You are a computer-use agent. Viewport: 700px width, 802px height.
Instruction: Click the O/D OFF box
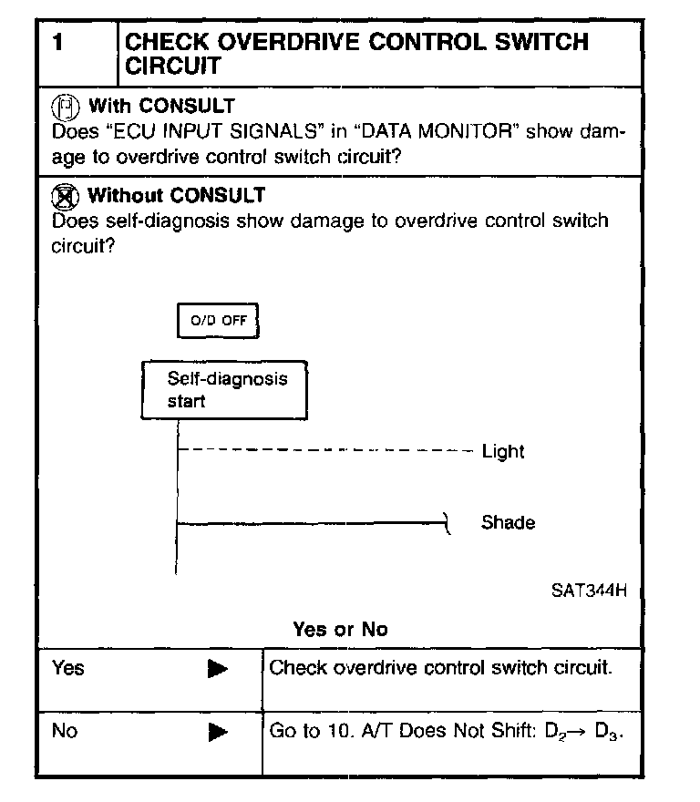pos(218,321)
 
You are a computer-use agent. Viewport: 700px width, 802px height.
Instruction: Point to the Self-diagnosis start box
pos(223,390)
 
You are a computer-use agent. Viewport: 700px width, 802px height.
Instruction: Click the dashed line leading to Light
pos(324,450)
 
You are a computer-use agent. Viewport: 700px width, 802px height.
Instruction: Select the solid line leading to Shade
pos(310,523)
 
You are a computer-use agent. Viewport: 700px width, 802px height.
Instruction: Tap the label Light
pos(503,451)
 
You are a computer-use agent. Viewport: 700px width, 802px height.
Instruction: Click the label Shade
pos(508,523)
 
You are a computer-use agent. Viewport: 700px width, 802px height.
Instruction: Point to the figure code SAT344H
pos(589,589)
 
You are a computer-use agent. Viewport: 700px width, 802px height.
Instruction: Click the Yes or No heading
pos(340,629)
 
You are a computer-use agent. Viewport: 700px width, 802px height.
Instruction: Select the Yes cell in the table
pos(68,668)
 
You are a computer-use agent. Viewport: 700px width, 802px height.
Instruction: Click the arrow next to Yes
pos(217,670)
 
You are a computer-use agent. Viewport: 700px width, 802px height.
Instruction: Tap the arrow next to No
pos(217,732)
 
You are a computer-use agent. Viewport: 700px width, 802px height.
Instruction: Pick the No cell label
pos(65,731)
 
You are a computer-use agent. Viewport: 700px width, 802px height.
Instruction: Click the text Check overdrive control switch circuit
pos(440,668)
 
